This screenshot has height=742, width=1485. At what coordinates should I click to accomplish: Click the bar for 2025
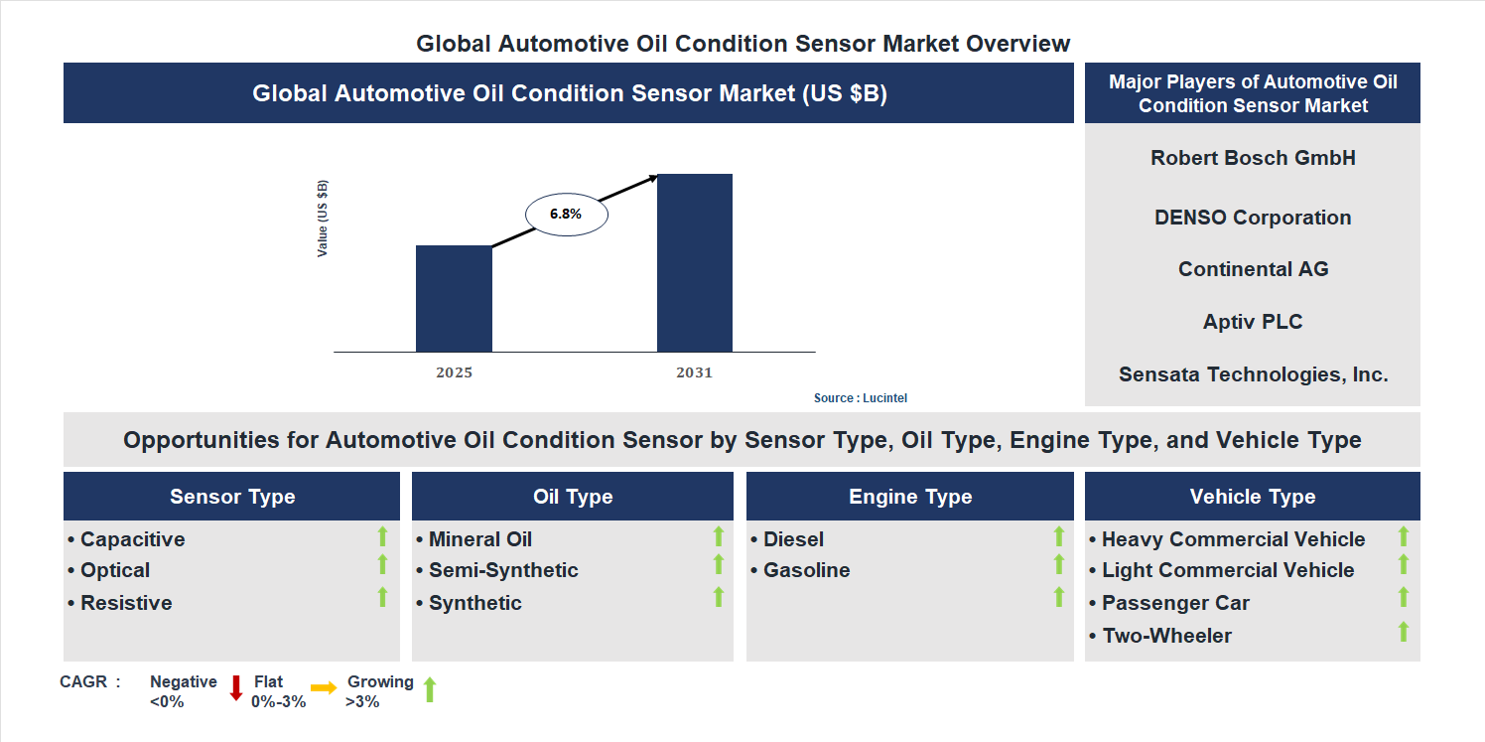tap(454, 298)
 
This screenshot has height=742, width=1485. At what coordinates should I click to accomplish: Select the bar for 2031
tap(695, 262)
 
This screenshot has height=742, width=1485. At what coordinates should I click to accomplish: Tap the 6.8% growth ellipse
tap(566, 214)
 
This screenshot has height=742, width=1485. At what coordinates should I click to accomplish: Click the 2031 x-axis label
tap(694, 373)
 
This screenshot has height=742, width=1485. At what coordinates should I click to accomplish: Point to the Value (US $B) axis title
tap(323, 219)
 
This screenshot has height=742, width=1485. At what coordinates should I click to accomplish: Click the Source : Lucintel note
tap(860, 398)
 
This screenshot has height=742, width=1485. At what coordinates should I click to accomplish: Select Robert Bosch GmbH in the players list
tap(1253, 158)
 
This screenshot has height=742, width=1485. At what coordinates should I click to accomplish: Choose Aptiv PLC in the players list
tap(1253, 322)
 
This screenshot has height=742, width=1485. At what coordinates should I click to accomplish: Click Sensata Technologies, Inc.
tap(1253, 374)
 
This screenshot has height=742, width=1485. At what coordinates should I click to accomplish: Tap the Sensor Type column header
tap(232, 497)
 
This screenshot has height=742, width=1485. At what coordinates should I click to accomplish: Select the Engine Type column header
tap(910, 497)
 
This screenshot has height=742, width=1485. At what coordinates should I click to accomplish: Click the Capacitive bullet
tap(126, 539)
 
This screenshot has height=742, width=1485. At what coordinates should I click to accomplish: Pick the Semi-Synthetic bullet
tap(497, 570)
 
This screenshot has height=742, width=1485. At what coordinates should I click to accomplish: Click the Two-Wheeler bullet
tap(1160, 636)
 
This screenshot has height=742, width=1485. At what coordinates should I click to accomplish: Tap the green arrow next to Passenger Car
tap(1404, 597)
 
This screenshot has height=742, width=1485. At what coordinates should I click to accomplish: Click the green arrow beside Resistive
tap(382, 597)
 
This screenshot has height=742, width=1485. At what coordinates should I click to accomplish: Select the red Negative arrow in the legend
tap(236, 687)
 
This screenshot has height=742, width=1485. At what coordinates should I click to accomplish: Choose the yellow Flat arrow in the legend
tap(324, 687)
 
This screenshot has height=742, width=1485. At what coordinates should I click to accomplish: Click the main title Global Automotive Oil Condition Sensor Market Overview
tap(742, 44)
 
